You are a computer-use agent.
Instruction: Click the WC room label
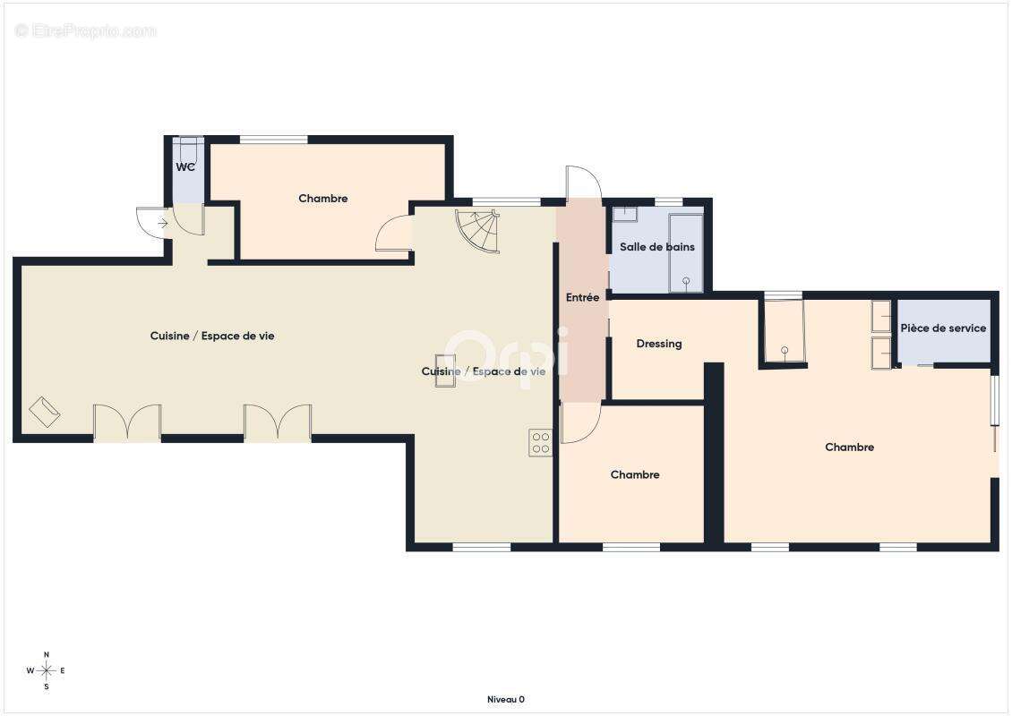point(185,167)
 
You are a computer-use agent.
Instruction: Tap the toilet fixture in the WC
point(188,151)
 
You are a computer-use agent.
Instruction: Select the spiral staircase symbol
point(477,231)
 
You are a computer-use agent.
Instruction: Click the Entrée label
point(582,297)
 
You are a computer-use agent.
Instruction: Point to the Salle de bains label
point(657,246)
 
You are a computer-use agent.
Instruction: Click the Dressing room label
point(659,344)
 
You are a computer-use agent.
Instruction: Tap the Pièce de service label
point(943,328)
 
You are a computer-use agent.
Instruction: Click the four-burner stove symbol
point(541,443)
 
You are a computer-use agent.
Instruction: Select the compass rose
point(46,671)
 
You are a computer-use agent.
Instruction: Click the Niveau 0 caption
point(505,699)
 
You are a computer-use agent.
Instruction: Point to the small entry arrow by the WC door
point(163,223)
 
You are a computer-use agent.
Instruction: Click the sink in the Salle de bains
point(625,214)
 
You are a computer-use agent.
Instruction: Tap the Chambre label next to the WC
point(322,199)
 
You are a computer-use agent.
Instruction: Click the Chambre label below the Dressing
point(635,474)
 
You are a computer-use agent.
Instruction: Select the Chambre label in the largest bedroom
point(849,447)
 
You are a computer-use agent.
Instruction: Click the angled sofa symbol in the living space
point(45,412)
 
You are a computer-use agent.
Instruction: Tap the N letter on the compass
point(47,655)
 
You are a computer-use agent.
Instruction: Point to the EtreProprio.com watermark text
point(85,30)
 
